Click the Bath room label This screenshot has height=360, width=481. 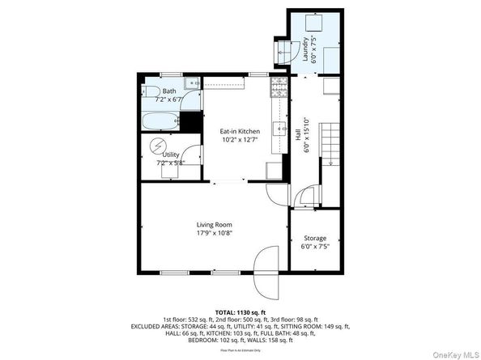click(169, 91)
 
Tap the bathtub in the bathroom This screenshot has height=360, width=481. click(160, 121)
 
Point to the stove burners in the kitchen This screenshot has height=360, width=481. click(277, 84)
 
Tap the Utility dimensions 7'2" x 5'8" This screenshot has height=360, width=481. click(170, 162)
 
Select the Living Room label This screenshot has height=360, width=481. click(214, 224)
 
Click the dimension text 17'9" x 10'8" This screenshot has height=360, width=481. click(214, 233)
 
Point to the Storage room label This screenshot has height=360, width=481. click(315, 238)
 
